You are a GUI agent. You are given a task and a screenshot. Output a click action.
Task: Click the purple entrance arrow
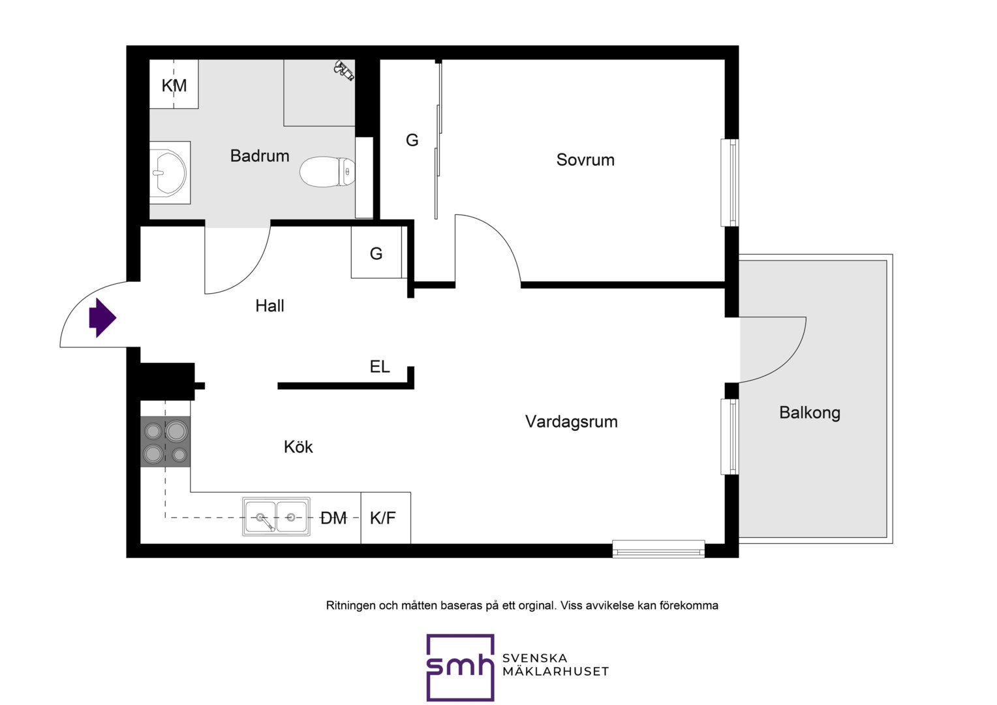[x=103, y=318]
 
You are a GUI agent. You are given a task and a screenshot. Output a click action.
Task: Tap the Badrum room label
[x=260, y=156]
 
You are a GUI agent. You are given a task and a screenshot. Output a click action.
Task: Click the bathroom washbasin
[x=169, y=173]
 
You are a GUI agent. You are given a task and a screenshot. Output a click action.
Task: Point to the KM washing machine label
[x=174, y=86]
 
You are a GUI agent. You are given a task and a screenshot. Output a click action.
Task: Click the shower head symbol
[x=344, y=70]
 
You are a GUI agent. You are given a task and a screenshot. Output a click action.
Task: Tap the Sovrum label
[x=585, y=160]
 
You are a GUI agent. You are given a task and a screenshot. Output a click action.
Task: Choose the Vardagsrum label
[x=572, y=422]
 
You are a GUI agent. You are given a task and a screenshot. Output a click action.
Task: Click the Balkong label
[x=810, y=413]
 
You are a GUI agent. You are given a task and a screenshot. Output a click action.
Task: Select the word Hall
[x=269, y=306]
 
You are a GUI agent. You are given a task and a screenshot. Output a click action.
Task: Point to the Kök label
[x=298, y=446]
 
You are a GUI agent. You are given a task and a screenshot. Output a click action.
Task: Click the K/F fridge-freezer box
[x=386, y=518]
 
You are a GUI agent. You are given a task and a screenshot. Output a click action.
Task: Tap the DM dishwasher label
[x=334, y=518]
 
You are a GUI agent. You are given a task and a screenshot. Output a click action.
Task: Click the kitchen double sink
[x=277, y=516]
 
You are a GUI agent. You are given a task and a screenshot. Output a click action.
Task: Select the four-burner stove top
[x=166, y=442]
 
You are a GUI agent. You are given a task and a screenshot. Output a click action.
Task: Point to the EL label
[x=380, y=366]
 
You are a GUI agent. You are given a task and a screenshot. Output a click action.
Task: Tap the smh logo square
[x=460, y=667]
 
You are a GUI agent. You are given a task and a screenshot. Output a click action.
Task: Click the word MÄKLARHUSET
[x=555, y=672]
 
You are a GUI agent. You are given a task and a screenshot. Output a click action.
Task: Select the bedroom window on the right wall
[x=730, y=183]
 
